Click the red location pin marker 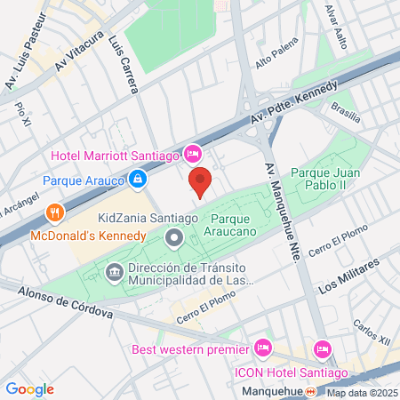coord(201,180)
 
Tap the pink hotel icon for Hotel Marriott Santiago coord(191,155)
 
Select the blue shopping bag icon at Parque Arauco coord(138,180)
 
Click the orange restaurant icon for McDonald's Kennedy coord(55,213)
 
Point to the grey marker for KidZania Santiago coord(174,238)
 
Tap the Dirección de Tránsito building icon coord(115,270)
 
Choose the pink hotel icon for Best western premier coord(262,347)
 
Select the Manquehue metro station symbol coord(310,391)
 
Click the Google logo coord(29,388)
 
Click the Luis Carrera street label coord(124,66)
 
